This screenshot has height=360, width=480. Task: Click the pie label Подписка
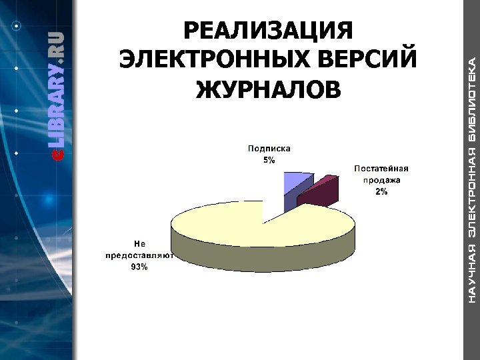tap(269, 149)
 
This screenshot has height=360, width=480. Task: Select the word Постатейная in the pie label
tap(381, 168)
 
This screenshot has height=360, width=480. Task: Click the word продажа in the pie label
tap(381, 179)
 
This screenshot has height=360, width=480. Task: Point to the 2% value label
tap(381, 191)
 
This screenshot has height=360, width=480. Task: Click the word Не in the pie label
tap(139, 244)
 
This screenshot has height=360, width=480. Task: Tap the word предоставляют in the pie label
tap(139, 255)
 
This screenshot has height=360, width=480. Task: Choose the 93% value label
tap(139, 267)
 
